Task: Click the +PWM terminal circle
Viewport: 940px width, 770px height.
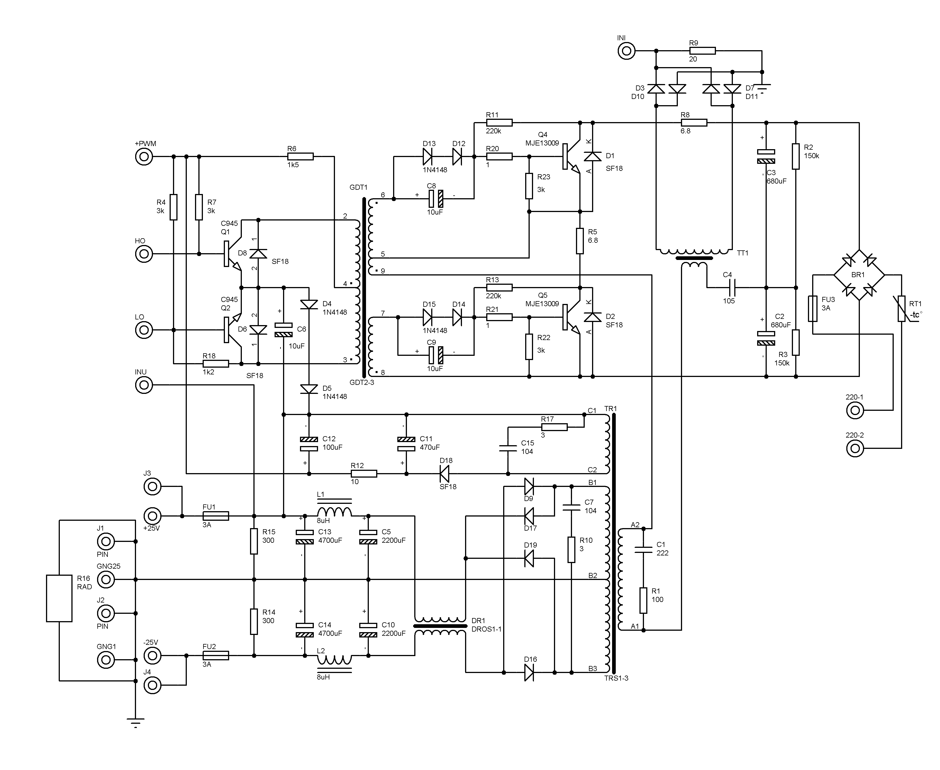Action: (x=144, y=156)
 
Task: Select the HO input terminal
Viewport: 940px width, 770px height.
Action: (x=144, y=254)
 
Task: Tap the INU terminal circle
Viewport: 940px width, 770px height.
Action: (x=144, y=385)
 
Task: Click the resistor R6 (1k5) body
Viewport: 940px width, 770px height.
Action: (x=301, y=156)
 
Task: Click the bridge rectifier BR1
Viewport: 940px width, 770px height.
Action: (x=859, y=275)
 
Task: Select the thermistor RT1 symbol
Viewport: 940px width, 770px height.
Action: (x=901, y=309)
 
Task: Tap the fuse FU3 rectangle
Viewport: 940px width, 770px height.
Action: (x=813, y=309)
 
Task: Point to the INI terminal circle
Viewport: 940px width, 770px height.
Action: (x=626, y=51)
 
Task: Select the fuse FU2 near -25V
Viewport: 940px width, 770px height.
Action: (x=216, y=656)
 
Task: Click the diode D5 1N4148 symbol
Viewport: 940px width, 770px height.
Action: (x=309, y=389)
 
